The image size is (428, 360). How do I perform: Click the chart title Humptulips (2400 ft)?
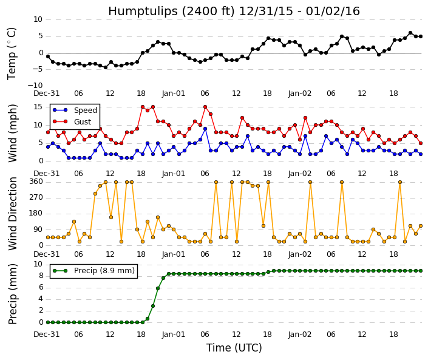click(x=171, y=11)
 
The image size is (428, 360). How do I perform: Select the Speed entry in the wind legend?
click(x=86, y=110)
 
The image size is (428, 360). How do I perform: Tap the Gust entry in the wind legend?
click(x=83, y=121)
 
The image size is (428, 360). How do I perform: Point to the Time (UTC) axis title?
click(x=234, y=348)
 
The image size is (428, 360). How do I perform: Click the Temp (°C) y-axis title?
click(x=12, y=53)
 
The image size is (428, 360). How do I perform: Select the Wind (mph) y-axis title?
click(x=12, y=133)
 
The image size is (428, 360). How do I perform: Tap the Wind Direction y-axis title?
click(x=13, y=214)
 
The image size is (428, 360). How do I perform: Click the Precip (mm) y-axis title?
click(x=13, y=294)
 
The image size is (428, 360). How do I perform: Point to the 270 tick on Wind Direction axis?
click(x=36, y=197)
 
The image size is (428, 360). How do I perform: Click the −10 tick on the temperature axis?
click(x=35, y=85)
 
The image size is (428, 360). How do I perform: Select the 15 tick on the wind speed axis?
click(x=38, y=107)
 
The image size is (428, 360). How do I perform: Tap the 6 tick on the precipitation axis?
click(x=41, y=287)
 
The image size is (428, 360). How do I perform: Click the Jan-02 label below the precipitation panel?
click(x=300, y=335)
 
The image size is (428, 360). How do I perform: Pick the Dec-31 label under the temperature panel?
click(x=46, y=93)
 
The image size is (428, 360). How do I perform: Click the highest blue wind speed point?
click(x=205, y=129)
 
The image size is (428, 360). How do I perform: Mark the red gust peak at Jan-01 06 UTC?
click(x=205, y=107)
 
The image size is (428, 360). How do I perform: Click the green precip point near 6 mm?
click(x=158, y=288)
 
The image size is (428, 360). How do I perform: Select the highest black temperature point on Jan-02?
click(x=410, y=33)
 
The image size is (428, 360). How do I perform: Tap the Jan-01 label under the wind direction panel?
click(x=174, y=254)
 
